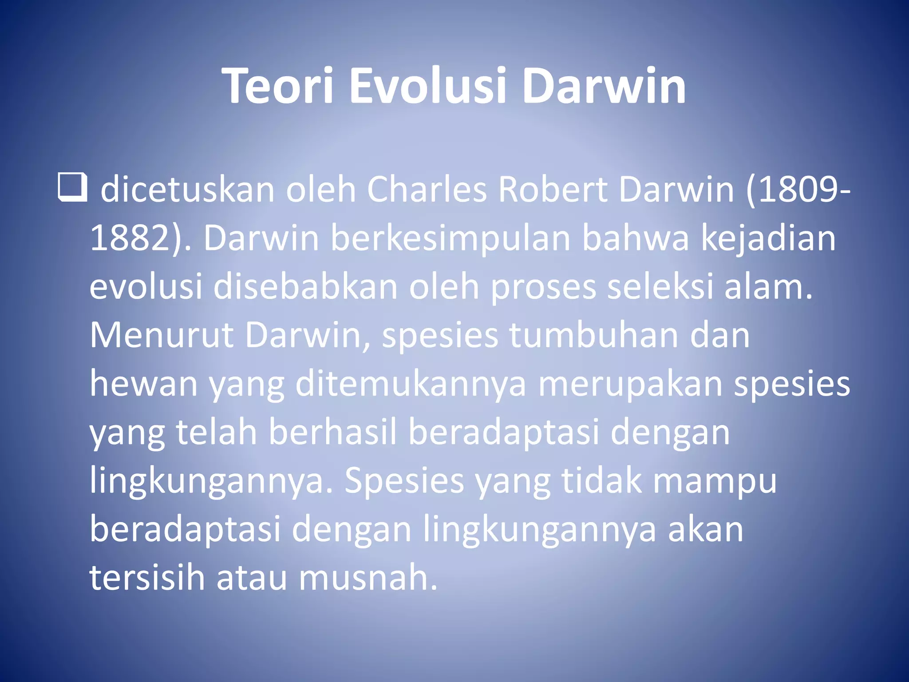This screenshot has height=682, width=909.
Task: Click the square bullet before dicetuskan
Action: (72, 188)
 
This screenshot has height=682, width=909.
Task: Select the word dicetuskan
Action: (188, 190)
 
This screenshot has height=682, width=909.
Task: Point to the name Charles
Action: (427, 190)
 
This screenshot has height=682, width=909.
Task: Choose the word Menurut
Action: (162, 335)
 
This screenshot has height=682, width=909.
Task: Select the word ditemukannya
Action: (411, 385)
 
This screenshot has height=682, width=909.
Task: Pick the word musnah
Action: (368, 578)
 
